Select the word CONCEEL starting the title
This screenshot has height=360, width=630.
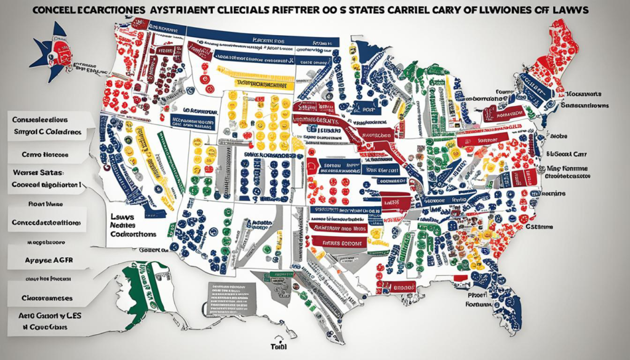tap(56, 11)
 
